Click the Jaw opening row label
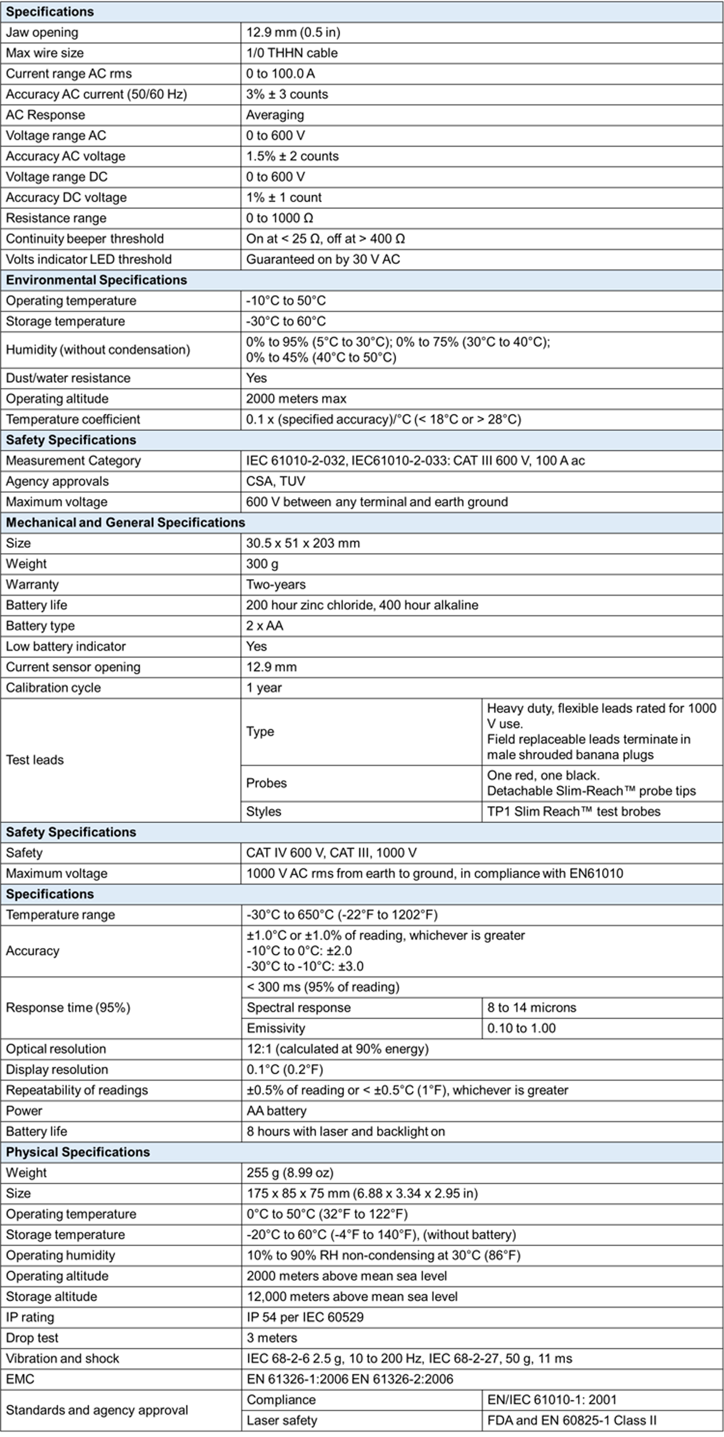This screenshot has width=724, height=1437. click(42, 32)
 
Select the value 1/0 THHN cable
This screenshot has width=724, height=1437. click(292, 53)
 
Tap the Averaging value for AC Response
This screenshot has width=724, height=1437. click(275, 115)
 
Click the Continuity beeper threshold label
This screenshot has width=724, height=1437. click(85, 239)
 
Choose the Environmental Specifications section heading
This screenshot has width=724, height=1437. click(97, 280)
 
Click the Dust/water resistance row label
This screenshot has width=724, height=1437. click(68, 378)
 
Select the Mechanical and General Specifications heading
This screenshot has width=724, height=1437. click(125, 522)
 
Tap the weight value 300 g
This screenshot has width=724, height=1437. click(262, 564)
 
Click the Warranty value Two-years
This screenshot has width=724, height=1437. click(276, 585)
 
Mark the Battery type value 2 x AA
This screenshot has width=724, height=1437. click(265, 626)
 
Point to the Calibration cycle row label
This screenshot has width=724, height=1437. click(54, 688)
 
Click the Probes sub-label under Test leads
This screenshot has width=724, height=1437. click(266, 783)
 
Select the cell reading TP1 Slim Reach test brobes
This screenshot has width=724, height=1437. click(573, 812)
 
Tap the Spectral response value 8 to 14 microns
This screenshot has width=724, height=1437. click(531, 1007)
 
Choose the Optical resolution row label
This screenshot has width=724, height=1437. click(56, 1049)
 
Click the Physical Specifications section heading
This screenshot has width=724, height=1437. click(78, 1152)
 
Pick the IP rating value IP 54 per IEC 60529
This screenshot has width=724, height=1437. click(305, 1317)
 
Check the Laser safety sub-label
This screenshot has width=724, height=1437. click(282, 1420)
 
